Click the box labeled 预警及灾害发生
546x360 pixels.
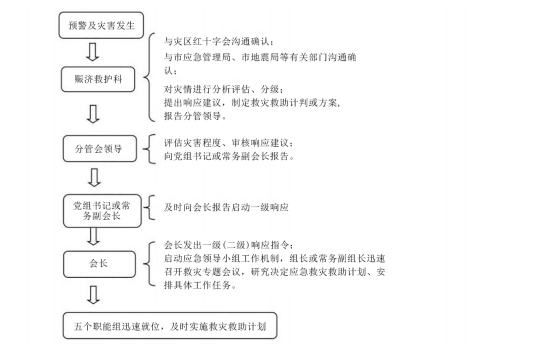click(101, 25)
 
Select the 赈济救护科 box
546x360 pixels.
click(98, 79)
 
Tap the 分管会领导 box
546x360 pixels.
click(100, 149)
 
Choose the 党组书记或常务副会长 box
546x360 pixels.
click(102, 211)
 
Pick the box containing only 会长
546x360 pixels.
click(99, 264)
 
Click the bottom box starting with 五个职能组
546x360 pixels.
click(170, 326)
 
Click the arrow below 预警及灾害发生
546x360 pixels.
click(93, 52)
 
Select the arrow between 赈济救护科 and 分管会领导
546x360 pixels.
click(93, 114)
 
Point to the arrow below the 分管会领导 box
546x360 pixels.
click(94, 178)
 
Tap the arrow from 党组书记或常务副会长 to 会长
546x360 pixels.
click(93, 236)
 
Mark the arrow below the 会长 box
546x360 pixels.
click(93, 295)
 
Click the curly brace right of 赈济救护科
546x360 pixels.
click(149, 77)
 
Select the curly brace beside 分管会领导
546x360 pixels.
click(149, 149)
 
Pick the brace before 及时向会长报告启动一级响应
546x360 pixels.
click(149, 208)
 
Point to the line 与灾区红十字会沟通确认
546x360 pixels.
click(219, 42)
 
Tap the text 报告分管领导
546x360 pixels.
click(195, 116)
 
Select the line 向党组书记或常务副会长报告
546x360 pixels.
click(229, 156)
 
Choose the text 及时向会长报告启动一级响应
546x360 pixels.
click(226, 208)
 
